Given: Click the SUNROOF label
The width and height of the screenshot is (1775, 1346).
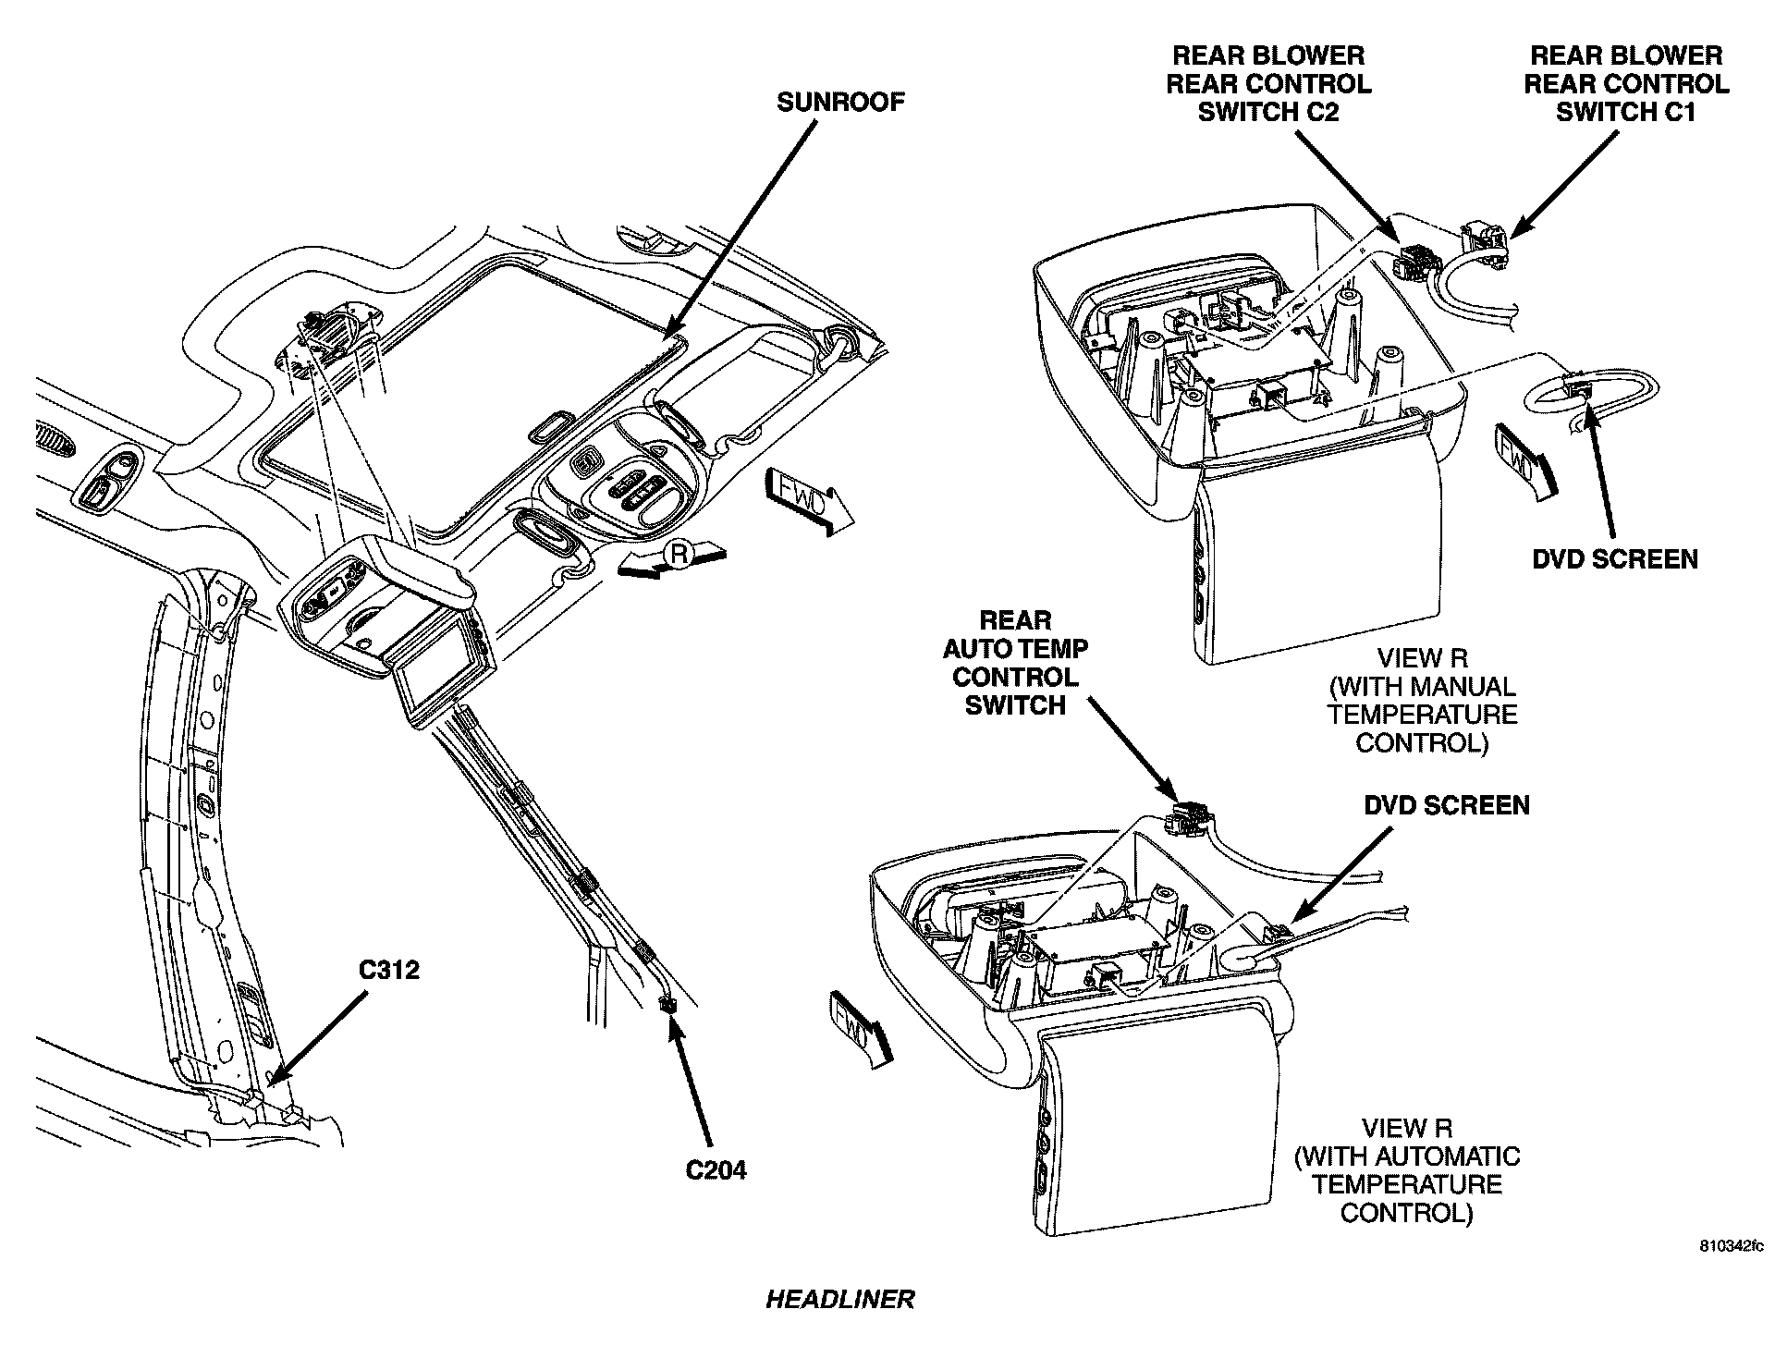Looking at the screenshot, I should (x=839, y=102).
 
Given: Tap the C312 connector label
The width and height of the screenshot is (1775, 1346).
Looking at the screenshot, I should (x=388, y=970).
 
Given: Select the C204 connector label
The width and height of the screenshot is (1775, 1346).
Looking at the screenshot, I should (x=716, y=1170).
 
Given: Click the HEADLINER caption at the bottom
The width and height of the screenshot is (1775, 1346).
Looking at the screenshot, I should (x=839, y=1299).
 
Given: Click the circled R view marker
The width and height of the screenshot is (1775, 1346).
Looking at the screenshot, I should (x=679, y=555).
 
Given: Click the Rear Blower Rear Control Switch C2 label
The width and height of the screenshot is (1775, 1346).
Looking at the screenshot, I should (x=1268, y=84).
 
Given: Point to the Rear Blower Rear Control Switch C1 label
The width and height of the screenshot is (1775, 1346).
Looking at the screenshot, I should (x=1626, y=84).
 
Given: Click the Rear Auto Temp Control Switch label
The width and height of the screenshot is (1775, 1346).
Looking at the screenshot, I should (x=1015, y=663).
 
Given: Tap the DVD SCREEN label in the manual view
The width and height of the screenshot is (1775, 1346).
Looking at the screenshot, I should (x=1615, y=559).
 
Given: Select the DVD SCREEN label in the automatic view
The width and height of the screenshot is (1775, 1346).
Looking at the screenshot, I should (x=1447, y=805).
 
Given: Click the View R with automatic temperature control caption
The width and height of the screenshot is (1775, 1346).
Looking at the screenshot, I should (x=1407, y=1170).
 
